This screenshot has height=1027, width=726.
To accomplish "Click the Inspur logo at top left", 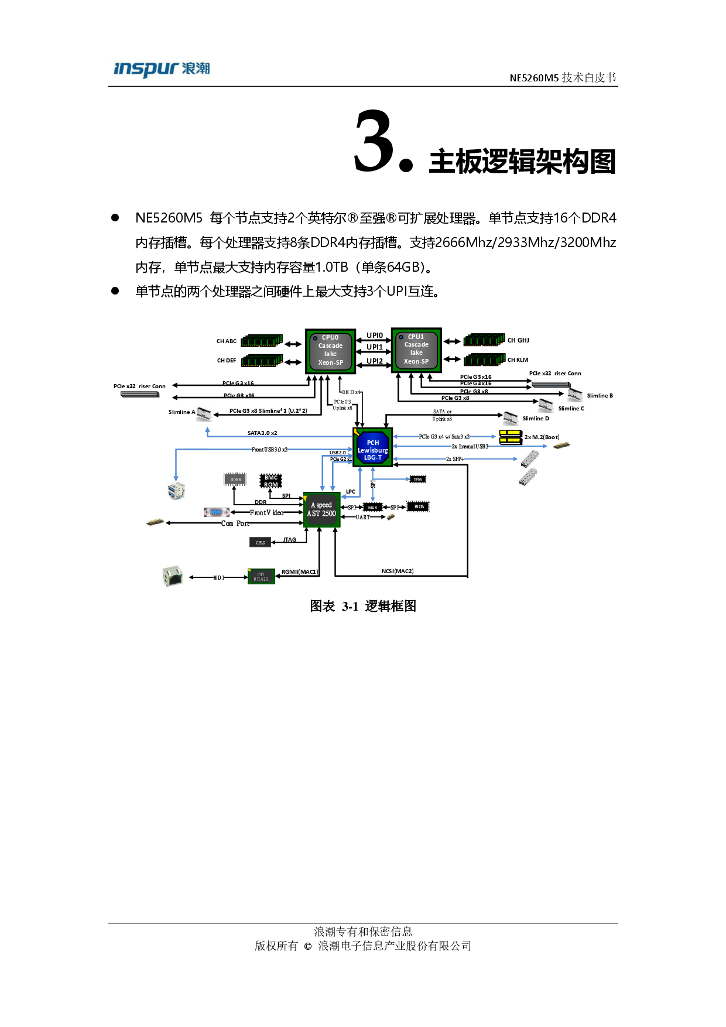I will coord(161,70).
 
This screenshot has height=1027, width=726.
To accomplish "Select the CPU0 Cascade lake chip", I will coord(330,351).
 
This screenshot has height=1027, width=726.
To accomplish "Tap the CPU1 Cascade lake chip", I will coord(416,350).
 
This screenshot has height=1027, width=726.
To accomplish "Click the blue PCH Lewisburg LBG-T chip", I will coord(373,449).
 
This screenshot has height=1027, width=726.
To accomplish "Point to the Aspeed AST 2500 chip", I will coord(321,510).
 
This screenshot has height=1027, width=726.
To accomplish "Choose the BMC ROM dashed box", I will coord(270,481).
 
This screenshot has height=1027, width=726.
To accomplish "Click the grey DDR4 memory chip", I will coord(235,480).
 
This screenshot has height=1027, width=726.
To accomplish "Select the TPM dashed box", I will coord(417,480).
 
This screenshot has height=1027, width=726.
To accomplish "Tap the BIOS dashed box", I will coord(418,506).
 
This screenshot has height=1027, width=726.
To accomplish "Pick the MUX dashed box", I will coord(372,507).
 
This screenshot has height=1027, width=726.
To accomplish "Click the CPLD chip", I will coord(261,543).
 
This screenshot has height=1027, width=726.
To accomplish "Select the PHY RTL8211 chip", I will coord(261,577).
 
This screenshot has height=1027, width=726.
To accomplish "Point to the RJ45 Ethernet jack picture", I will coord(172,577).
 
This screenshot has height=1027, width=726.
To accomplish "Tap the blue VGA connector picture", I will coord(216,512).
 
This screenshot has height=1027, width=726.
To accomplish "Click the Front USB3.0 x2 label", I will coord(269,450).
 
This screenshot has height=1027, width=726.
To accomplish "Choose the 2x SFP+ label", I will coord(455,459).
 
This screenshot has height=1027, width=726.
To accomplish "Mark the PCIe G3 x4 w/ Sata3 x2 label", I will coord(444,437).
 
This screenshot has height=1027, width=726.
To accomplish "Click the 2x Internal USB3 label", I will coord(470,446).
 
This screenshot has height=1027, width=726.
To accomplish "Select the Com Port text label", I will coord(235,523).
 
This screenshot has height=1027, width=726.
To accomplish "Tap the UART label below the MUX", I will coord(362,518).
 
